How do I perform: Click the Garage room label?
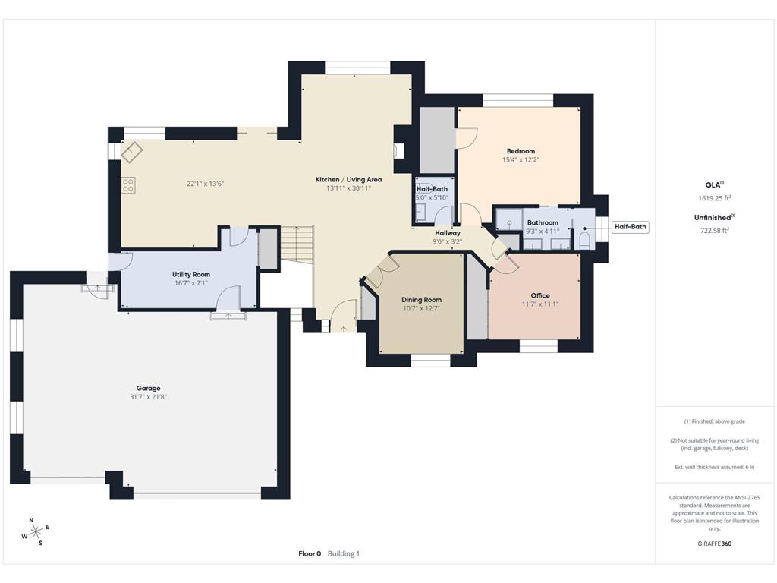click(148, 388)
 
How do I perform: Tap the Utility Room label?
click(191, 274)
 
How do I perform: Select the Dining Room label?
click(421, 299)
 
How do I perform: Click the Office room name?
click(540, 295)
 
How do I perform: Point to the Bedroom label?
click(521, 151)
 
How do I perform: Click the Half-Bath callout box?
click(631, 226)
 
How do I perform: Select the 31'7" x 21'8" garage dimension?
click(148, 397)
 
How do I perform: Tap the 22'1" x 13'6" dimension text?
click(205, 184)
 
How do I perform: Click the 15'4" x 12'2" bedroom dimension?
click(521, 159)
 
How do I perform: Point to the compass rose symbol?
click(36, 532)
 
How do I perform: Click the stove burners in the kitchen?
click(128, 185)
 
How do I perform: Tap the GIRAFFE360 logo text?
click(714, 544)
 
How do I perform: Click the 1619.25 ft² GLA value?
click(714, 198)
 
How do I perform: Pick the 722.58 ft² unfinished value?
click(714, 231)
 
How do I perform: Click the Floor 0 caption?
click(310, 553)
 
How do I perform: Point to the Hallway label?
click(448, 233)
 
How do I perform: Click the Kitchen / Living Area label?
click(348, 179)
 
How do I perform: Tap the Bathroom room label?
click(543, 223)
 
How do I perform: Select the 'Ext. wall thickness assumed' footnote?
click(714, 467)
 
